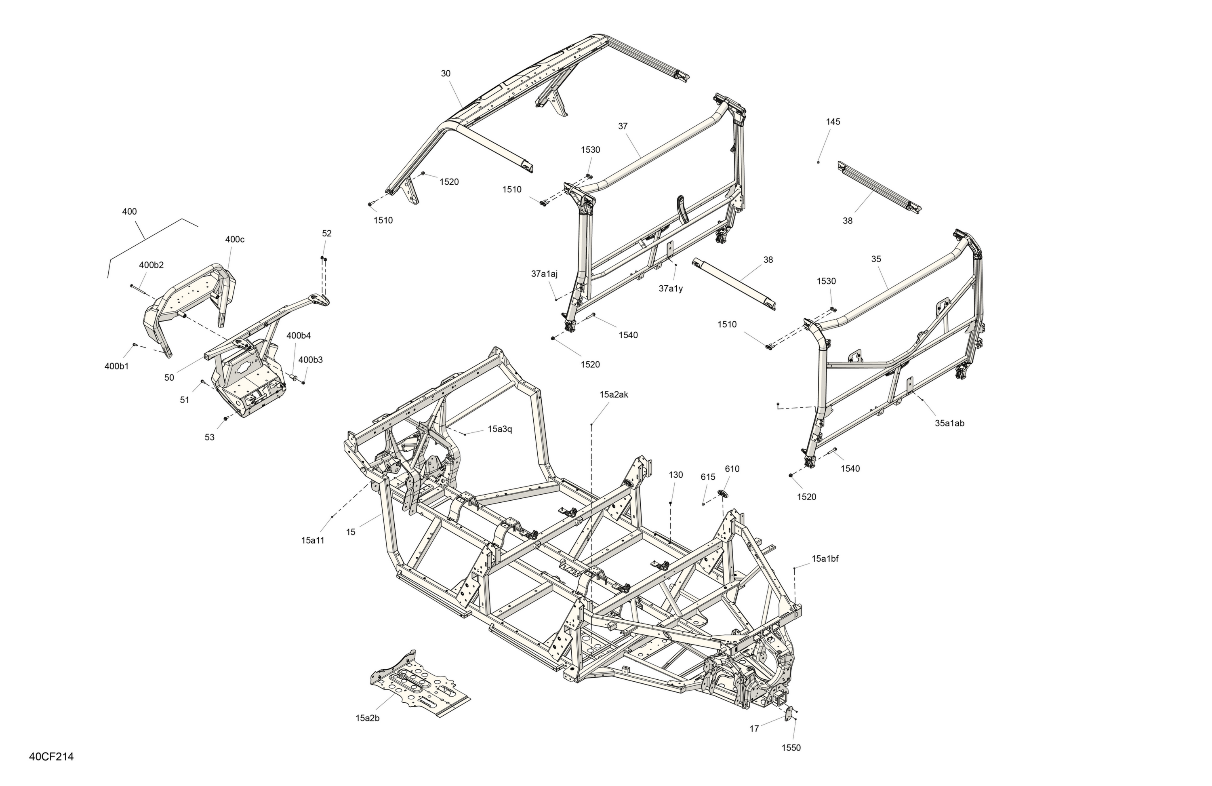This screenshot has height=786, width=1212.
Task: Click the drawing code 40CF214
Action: (x=51, y=757)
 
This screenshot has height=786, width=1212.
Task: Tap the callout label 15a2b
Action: (x=367, y=718)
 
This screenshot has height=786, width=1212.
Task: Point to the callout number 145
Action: (x=833, y=122)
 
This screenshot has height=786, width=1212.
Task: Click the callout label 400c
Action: (x=235, y=239)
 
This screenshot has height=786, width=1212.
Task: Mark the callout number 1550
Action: (x=791, y=748)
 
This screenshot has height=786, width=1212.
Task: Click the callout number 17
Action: (x=754, y=729)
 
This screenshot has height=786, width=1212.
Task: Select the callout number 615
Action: (x=708, y=477)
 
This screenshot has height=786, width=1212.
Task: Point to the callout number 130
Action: (x=676, y=475)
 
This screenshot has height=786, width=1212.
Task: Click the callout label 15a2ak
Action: (x=614, y=395)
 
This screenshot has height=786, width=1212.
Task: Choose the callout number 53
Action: (x=210, y=438)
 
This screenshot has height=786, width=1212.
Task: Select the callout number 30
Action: (x=446, y=74)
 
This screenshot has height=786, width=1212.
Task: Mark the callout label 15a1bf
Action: (x=825, y=559)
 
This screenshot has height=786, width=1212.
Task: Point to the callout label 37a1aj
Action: (x=544, y=274)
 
